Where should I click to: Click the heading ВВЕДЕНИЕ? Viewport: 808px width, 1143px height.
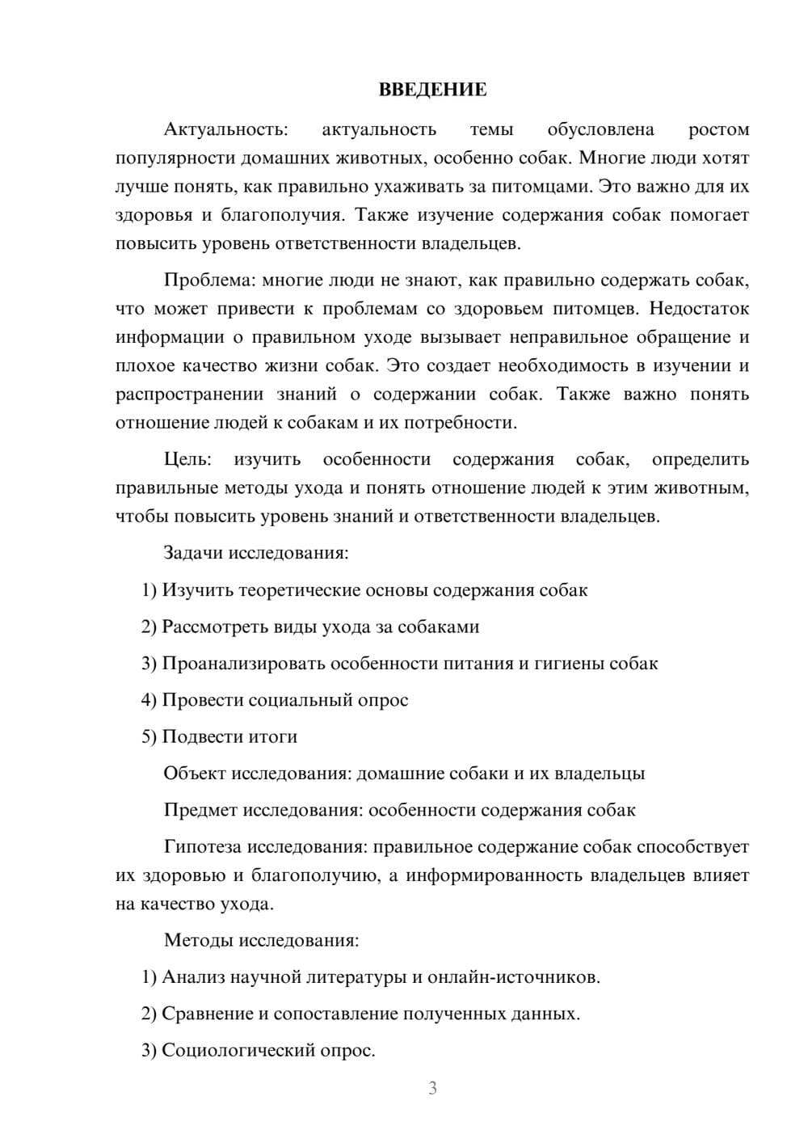point(432,90)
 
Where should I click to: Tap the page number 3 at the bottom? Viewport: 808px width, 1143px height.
point(432,1088)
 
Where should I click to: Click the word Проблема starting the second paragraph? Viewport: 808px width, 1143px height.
point(209,280)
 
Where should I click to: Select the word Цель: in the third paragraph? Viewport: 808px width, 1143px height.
point(187,460)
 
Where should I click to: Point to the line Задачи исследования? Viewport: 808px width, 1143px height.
point(256,554)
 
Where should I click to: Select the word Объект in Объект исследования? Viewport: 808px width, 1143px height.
point(195,774)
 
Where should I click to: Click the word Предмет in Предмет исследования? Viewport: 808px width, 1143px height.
point(200,810)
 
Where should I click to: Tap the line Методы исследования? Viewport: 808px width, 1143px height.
point(261,940)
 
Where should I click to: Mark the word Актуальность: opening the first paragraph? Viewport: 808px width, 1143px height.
point(225,130)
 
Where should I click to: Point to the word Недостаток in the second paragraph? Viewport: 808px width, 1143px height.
point(699,309)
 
